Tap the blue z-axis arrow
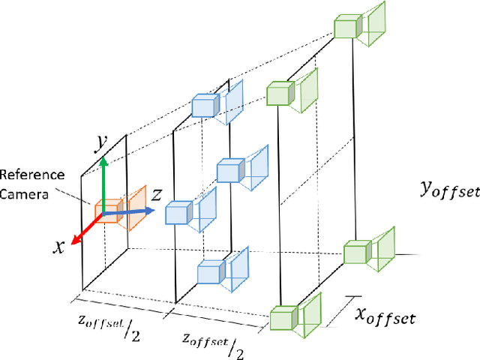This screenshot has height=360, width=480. (x=130, y=212)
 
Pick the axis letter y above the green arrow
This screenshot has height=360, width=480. (x=97, y=141)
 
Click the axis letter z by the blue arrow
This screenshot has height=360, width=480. (x=157, y=194)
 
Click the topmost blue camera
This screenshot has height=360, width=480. (x=205, y=106)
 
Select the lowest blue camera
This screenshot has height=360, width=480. (x=211, y=272)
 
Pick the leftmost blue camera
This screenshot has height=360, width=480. (x=179, y=213)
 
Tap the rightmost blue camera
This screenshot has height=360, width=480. (x=229, y=172)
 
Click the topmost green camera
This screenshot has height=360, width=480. (x=347, y=28)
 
